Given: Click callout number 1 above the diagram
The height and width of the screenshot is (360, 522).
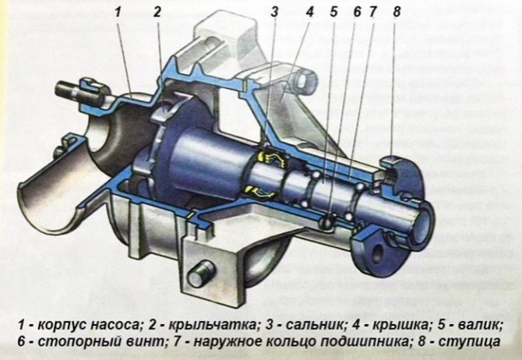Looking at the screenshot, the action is tap(118, 12).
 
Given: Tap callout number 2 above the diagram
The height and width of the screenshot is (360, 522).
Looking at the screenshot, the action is tap(157, 12).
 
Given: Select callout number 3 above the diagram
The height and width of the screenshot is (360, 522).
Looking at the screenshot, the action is tap(274, 12).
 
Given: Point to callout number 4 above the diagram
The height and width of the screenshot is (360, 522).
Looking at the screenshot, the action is tap(309, 12).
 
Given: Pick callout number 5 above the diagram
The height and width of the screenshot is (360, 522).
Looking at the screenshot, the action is tap(334, 12).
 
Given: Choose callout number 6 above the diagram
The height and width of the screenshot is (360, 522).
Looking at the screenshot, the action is tap(357, 12).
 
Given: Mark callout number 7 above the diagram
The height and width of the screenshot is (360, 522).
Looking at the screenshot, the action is tap(372, 12).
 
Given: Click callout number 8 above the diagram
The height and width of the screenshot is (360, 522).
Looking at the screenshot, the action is tap(396, 12).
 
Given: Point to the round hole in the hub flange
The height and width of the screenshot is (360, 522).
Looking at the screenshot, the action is tap(378, 252).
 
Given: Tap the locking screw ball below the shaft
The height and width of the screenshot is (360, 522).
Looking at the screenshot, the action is tap(326, 221).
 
